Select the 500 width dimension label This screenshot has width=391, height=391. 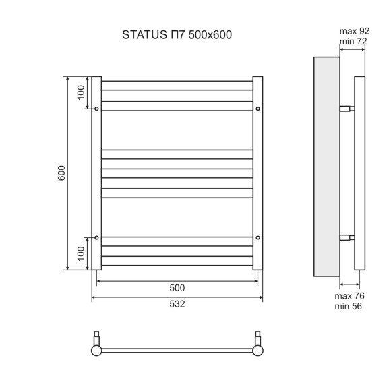click(x=177, y=288)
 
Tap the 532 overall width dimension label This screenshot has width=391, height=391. click(x=177, y=304)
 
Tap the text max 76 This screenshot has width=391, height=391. click(x=350, y=295)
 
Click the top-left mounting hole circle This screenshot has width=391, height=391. click(x=97, y=109)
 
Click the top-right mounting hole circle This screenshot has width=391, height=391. click(x=258, y=109)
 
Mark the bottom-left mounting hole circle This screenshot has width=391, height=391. click(x=97, y=237)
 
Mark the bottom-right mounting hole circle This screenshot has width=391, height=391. click(x=258, y=237)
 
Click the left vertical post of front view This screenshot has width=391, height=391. click(x=96, y=173)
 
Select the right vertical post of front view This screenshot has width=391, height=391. click(x=258, y=173)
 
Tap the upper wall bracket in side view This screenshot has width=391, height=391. click(x=347, y=109)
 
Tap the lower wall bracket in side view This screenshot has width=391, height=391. click(x=347, y=237)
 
